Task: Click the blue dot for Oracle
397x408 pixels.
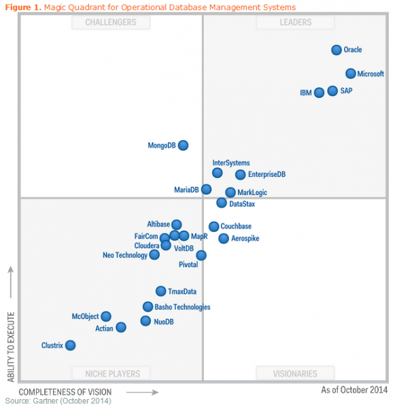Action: [x=336, y=50]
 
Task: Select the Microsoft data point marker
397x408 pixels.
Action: [x=350, y=73]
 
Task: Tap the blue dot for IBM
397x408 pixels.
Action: [x=319, y=92]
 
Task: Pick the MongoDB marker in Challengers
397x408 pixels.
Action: [x=183, y=145]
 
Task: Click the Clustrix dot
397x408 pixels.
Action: [x=70, y=345]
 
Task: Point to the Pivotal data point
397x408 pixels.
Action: [x=201, y=255]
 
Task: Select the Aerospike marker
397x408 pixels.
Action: [x=224, y=238]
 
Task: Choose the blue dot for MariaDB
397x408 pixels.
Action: [x=206, y=189]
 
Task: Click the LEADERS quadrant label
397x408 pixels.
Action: [x=295, y=22]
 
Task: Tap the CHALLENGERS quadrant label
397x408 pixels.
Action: [x=110, y=22]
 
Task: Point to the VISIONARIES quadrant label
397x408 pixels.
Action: [x=295, y=373]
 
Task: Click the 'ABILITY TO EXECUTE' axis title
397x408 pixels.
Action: [x=11, y=347]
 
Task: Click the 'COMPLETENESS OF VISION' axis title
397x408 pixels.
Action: [x=65, y=392]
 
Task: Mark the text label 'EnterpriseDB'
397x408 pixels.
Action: [x=266, y=175]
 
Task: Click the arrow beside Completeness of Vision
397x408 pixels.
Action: [x=141, y=392]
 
